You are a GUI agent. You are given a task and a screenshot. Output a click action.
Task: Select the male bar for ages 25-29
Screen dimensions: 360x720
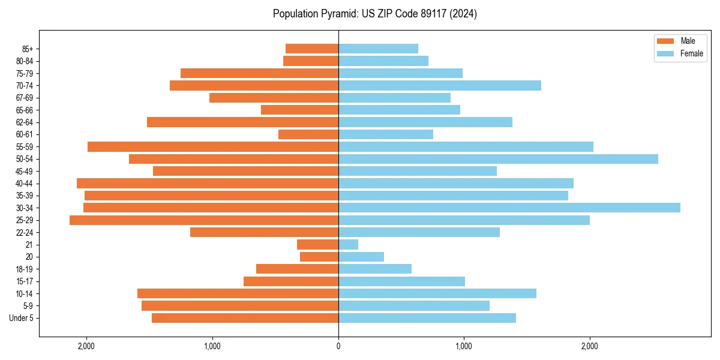click(204, 220)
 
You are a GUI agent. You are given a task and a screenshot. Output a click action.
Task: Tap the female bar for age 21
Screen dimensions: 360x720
click(348, 245)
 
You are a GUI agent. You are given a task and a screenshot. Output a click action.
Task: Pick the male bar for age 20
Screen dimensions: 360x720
click(319, 257)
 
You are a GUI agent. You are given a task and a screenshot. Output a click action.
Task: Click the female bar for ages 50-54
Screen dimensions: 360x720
click(498, 159)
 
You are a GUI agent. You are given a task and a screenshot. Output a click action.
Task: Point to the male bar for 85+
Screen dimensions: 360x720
click(312, 49)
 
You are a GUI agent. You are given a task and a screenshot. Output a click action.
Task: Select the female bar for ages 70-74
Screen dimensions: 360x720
click(439, 86)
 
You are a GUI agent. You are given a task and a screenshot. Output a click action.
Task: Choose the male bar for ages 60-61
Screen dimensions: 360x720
click(308, 134)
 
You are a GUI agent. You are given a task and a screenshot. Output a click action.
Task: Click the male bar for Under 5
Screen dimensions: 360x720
click(245, 318)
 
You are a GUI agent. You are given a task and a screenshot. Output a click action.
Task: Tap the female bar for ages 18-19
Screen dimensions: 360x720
click(375, 269)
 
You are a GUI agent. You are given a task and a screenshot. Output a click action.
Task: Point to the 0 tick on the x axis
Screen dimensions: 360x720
click(338, 346)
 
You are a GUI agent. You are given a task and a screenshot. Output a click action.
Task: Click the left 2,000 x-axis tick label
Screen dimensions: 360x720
click(86, 346)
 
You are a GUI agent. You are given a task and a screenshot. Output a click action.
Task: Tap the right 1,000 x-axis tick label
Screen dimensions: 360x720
click(464, 346)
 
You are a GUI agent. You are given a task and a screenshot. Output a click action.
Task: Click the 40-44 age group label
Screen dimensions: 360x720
click(25, 184)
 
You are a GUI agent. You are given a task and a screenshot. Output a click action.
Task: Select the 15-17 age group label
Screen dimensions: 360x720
click(25, 281)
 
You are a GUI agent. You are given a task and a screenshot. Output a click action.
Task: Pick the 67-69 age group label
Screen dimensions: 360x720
click(25, 98)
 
